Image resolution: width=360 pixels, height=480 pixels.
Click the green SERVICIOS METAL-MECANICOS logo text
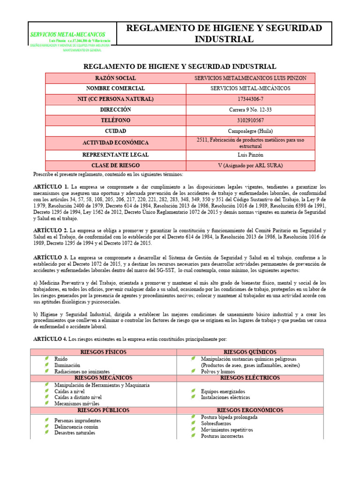67,35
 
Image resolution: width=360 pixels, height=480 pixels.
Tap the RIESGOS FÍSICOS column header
104,352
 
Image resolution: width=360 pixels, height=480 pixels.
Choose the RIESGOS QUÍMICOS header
250,352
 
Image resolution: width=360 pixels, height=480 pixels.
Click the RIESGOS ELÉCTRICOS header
250,377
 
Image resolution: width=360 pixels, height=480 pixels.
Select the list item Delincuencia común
76,427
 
